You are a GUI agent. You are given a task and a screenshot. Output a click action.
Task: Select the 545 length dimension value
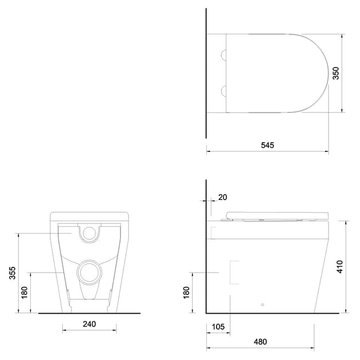[267, 145]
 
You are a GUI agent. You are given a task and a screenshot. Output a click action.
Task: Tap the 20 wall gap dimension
[222, 197]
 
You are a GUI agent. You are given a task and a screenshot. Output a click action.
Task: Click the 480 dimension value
[260, 342]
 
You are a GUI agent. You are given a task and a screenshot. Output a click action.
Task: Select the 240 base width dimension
[89, 324]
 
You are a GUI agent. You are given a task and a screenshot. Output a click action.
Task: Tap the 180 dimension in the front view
[23, 293]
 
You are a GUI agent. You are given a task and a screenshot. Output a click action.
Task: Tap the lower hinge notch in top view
[224, 90]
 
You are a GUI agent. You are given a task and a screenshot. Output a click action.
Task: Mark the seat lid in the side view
[277, 215]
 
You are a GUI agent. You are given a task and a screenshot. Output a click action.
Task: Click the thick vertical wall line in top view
[206, 74]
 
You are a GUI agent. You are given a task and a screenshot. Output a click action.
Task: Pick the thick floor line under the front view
[89, 314]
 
